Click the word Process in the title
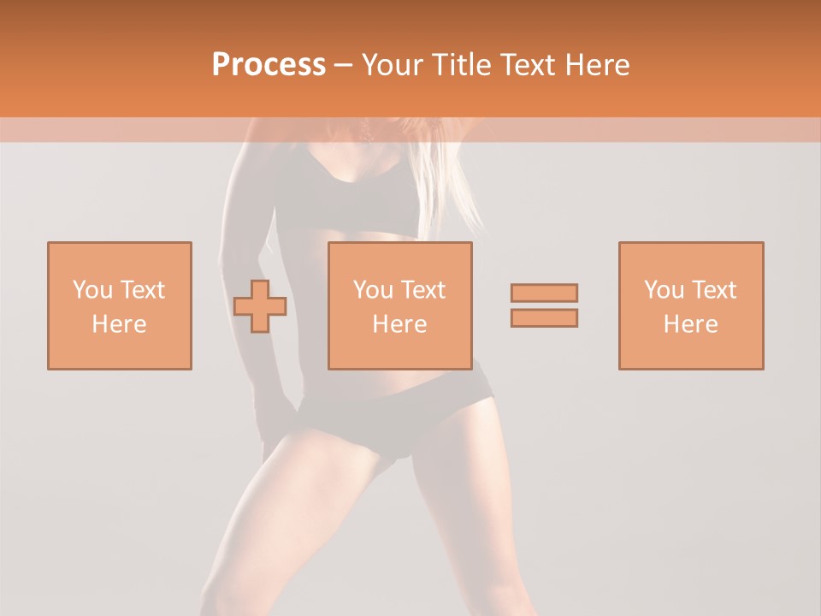(269, 65)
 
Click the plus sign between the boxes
(260, 306)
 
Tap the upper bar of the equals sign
(544, 293)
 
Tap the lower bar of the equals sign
(544, 317)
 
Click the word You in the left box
(92, 290)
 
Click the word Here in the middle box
(400, 324)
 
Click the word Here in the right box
(691, 324)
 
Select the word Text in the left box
(142, 290)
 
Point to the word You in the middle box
(373, 290)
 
